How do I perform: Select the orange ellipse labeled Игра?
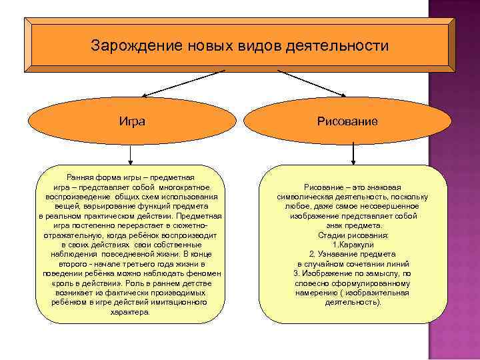[132, 121]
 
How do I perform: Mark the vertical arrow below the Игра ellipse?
[131, 155]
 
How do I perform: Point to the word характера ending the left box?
[131, 311]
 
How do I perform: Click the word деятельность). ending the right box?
[353, 302]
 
